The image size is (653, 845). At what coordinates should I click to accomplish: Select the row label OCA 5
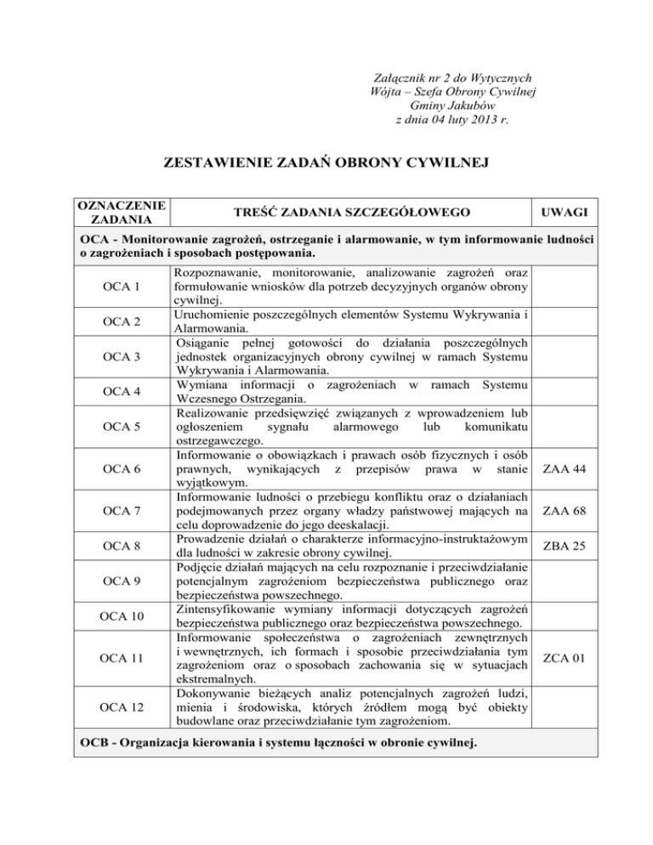[120, 425]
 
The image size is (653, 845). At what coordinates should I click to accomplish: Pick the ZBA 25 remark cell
[566, 547]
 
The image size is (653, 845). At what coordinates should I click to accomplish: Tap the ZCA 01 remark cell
[566, 657]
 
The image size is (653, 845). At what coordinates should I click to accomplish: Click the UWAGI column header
[566, 211]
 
